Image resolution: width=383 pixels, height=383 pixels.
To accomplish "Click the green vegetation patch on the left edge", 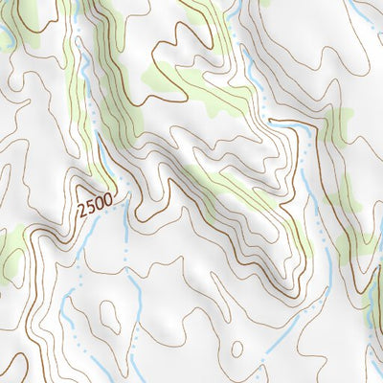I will coord(11,251).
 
